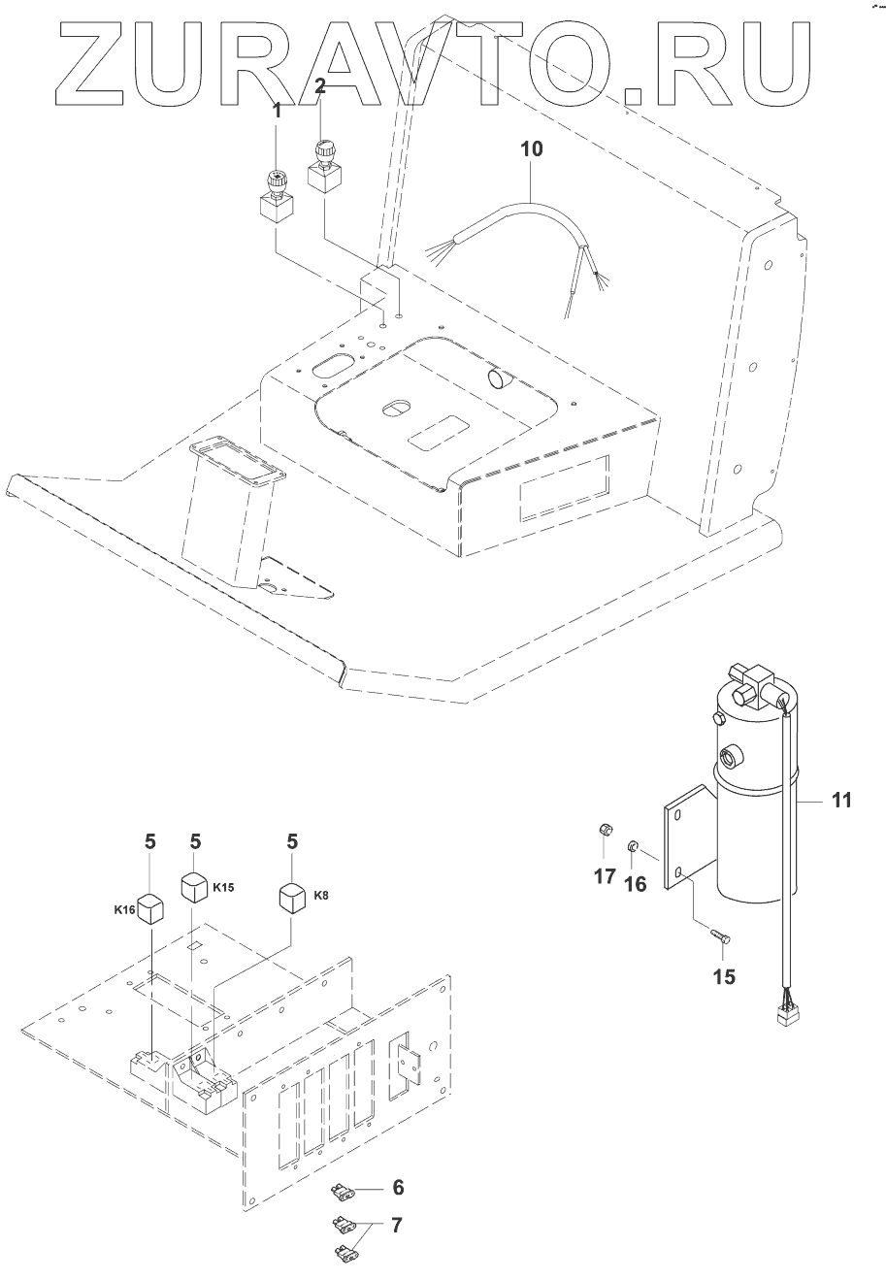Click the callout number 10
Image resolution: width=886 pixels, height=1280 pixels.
(x=531, y=149)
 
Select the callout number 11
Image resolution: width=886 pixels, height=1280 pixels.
(x=841, y=800)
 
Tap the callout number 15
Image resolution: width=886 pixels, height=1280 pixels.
(x=724, y=976)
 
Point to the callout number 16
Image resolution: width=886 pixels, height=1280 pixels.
(x=636, y=884)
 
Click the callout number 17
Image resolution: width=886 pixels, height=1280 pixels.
(x=605, y=875)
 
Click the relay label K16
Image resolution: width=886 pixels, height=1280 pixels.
(x=125, y=909)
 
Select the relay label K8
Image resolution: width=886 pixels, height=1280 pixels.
(x=321, y=895)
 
